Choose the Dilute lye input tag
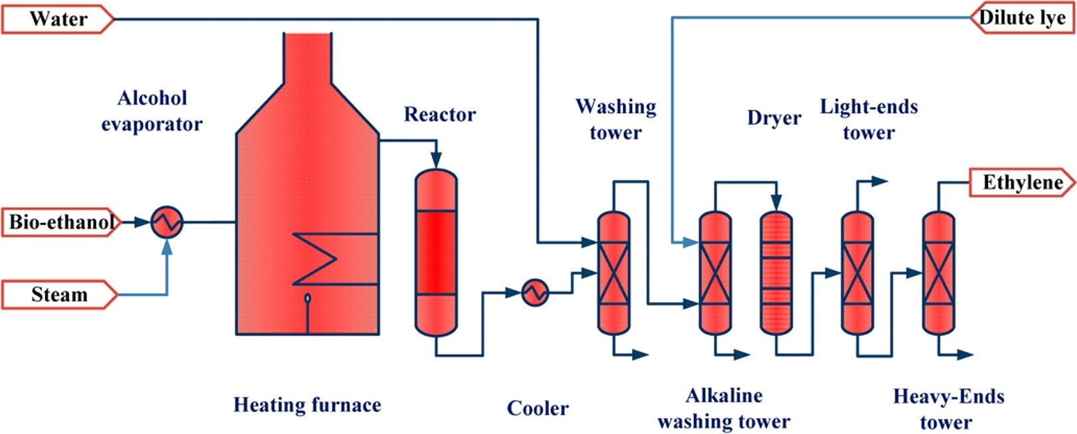[x=1022, y=18]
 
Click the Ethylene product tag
[x=1022, y=182]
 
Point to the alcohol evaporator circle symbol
[x=166, y=222]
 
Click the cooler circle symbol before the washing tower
[x=535, y=292]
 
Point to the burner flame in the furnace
[x=307, y=300]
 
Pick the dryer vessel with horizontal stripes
[x=776, y=273]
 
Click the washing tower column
[x=613, y=273]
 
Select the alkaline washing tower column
[x=715, y=273]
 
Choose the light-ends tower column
[x=857, y=273]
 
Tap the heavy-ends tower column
[x=938, y=273]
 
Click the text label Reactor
[x=440, y=114]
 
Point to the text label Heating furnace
[x=307, y=405]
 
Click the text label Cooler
[x=538, y=408]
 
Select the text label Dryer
[x=774, y=118]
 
